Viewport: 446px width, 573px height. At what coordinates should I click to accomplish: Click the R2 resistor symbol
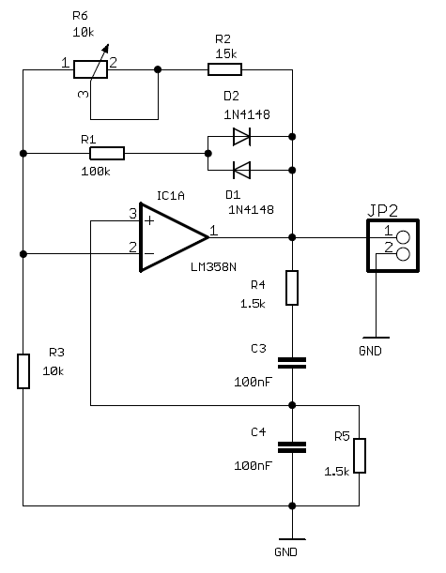coord(224,69)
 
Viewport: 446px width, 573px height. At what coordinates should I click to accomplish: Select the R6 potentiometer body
coord(90,69)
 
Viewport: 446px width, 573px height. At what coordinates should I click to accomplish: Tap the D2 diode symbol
coord(241,137)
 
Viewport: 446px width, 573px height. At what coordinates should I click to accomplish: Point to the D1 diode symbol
coord(241,171)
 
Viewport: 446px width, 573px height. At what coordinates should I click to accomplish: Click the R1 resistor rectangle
coord(107,154)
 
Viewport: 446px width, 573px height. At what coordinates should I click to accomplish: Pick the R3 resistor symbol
coord(23,371)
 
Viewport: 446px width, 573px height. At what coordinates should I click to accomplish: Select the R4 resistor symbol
coord(292,288)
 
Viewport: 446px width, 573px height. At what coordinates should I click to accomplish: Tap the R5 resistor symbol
coord(360,456)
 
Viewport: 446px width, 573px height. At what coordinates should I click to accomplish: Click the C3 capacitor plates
coord(292,363)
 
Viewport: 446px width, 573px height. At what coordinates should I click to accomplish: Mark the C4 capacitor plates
coord(292,447)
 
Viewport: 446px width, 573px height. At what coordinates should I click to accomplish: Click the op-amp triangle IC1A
coord(174,237)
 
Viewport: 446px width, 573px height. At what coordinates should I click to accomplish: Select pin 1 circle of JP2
coord(403,237)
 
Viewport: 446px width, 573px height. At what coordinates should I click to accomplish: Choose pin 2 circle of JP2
coord(403,254)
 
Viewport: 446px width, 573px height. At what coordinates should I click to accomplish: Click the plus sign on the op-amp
coord(149,220)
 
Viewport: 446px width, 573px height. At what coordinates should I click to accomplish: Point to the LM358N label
coord(214,267)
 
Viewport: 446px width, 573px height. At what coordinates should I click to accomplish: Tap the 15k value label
coord(226,54)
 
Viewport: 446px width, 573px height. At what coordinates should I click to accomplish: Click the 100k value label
coord(96,172)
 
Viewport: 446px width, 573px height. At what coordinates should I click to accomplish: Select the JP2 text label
coord(382,211)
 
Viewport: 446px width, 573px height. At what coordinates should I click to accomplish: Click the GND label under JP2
coord(370,351)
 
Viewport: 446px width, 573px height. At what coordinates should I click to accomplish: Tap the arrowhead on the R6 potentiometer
coord(106,48)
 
